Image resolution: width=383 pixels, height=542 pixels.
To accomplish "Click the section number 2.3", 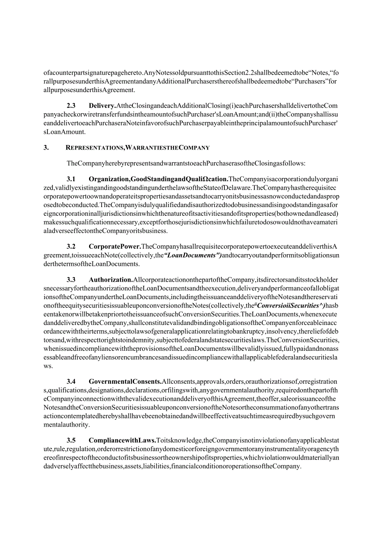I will (x=71, y=105).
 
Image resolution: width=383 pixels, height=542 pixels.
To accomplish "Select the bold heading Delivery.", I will (x=102, y=105).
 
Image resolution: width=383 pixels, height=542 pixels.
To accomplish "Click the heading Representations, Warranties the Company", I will (x=138, y=147).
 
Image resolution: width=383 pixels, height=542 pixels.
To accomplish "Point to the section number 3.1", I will (x=71, y=179).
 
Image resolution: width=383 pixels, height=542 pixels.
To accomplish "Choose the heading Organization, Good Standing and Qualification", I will (x=158, y=179).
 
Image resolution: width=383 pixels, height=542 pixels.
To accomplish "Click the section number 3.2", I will (x=71, y=246).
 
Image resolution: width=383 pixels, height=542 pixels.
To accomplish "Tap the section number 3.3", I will (x=71, y=280).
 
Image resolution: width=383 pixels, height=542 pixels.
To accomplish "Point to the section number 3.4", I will (x=71, y=381).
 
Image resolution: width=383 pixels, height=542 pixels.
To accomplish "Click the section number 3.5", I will (x=71, y=440).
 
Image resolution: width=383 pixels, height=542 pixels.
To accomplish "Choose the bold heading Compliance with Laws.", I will (x=122, y=440).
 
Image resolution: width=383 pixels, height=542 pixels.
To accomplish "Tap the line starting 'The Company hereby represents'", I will (x=179, y=163).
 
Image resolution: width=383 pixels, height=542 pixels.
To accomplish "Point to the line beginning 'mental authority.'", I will (x=66, y=425).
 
